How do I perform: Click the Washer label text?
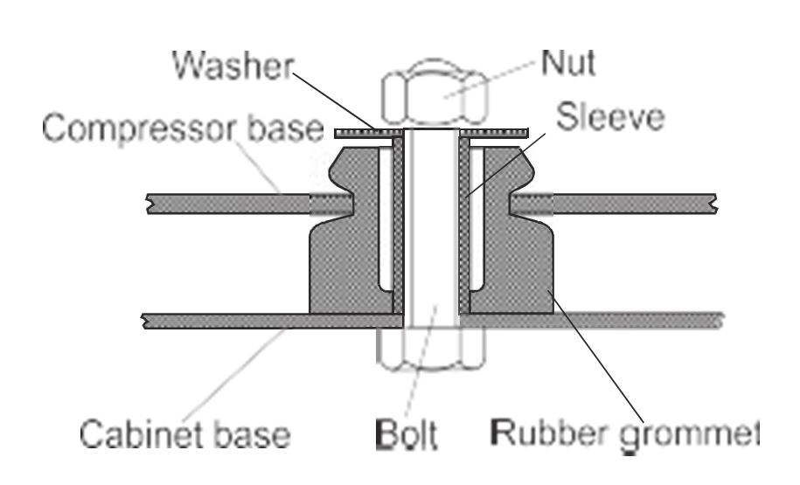point(233,65)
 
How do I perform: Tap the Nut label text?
point(567,63)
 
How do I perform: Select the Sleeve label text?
point(610,117)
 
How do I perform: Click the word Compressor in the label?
point(139,129)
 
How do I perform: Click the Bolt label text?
point(407,434)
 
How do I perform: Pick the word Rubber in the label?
point(548,433)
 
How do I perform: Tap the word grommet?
point(689,437)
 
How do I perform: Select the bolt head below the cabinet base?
point(431,349)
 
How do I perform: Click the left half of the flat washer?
point(368,133)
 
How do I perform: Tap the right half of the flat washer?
point(494,133)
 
